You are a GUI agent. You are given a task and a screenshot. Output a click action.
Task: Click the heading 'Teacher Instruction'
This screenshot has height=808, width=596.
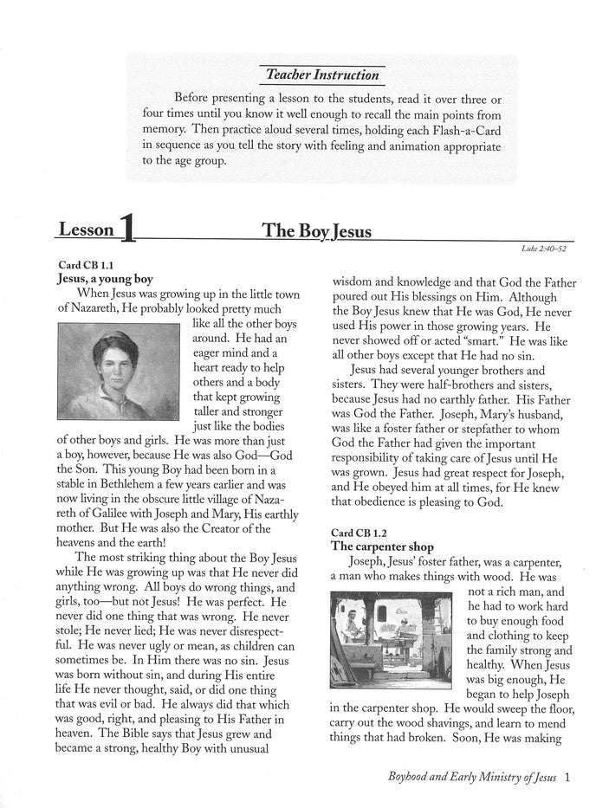coord(322,75)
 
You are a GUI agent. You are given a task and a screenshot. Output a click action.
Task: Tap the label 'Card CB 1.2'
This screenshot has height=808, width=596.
coord(360,531)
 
